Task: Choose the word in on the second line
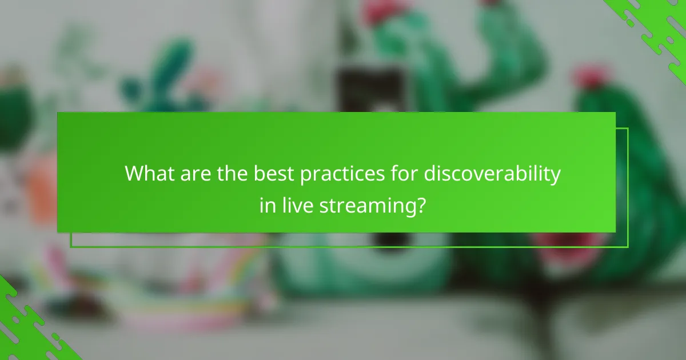[x=267, y=204]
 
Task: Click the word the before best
[x=237, y=174]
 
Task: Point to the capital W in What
[x=134, y=174]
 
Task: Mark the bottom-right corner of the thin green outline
[x=628, y=247]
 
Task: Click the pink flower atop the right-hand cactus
[x=589, y=77]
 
